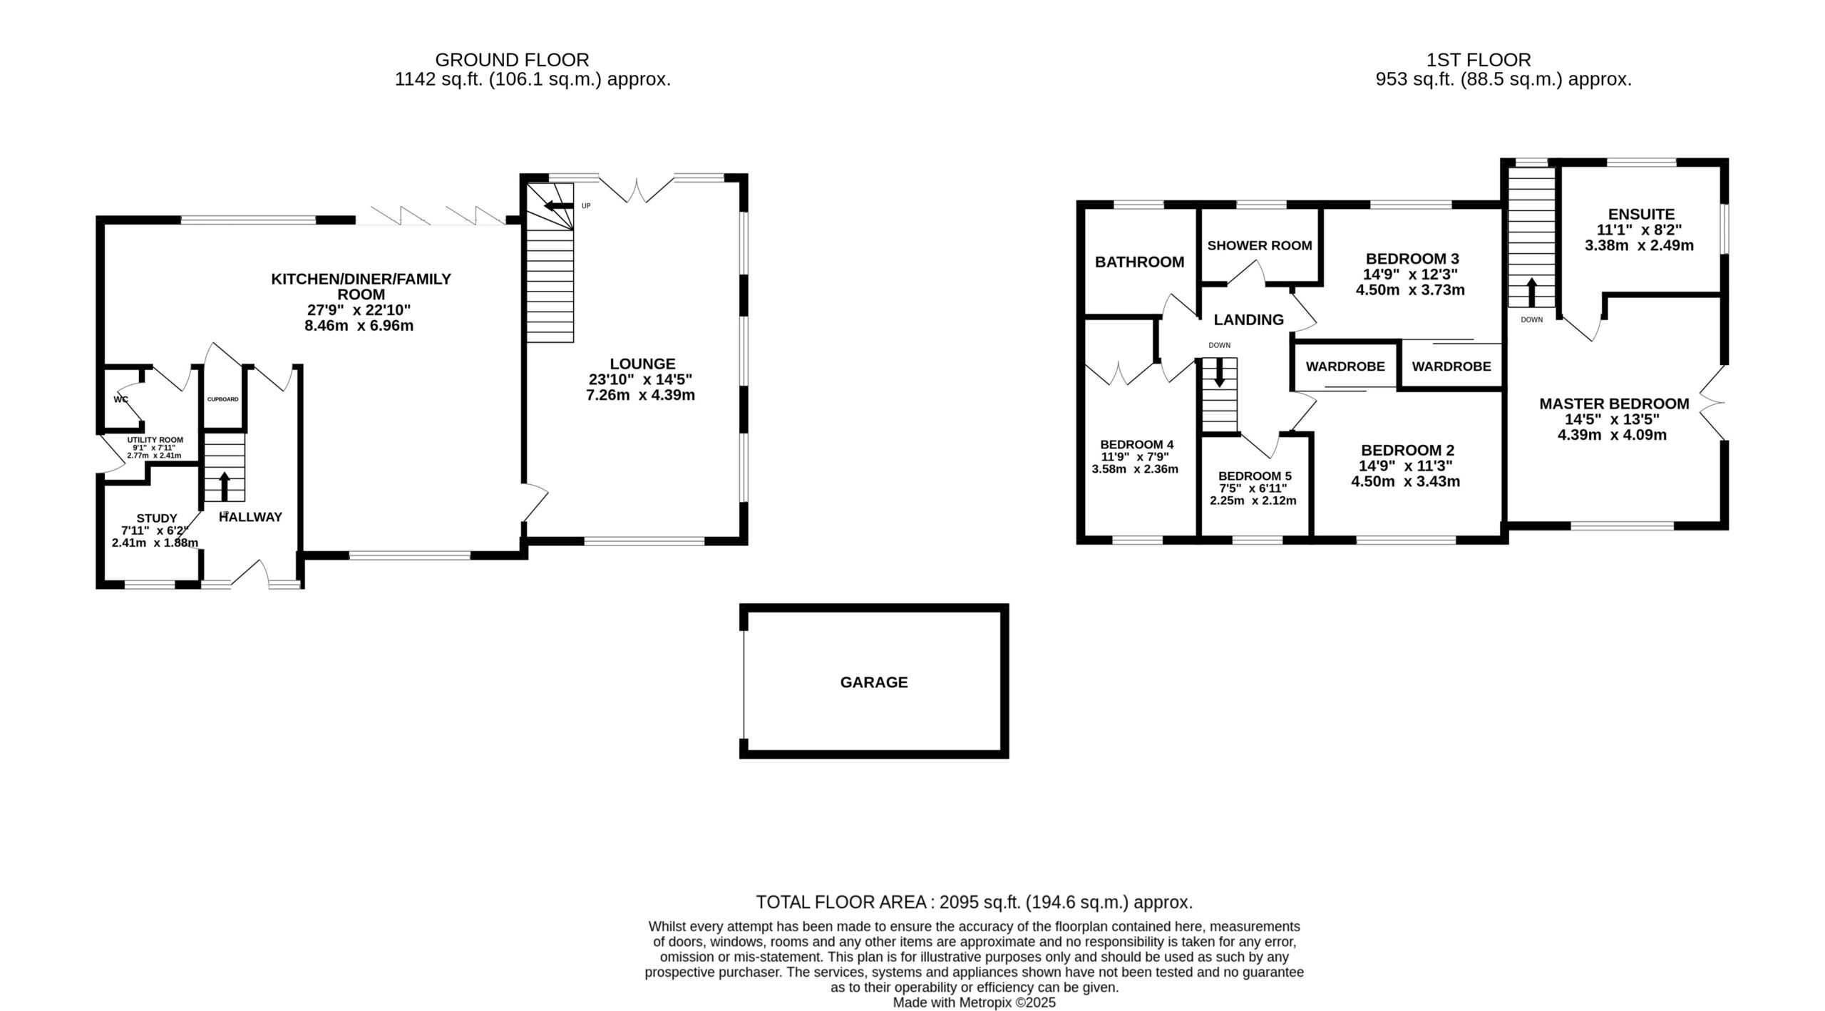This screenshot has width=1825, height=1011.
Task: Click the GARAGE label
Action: [874, 682]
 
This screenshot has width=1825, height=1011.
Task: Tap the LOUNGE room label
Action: [642, 364]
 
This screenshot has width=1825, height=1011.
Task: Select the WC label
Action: [120, 399]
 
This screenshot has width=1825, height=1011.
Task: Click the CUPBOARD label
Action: [222, 399]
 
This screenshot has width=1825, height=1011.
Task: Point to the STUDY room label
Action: [157, 518]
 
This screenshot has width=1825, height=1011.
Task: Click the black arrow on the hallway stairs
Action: [225, 486]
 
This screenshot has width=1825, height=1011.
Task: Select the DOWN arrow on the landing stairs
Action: [1219, 372]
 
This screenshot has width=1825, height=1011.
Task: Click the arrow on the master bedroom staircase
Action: [1531, 292]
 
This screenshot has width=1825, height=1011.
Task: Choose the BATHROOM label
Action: [1139, 262]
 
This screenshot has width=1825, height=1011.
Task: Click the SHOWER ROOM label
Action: [1260, 245]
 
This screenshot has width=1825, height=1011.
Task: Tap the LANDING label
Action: [1248, 319]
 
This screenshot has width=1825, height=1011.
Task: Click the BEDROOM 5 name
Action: [1255, 476]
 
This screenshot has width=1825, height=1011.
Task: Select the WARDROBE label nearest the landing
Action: [1345, 366]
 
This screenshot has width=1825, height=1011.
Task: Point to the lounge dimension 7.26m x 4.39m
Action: [640, 395]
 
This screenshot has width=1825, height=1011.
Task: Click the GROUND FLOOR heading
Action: [512, 60]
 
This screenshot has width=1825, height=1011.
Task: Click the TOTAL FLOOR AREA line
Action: [974, 903]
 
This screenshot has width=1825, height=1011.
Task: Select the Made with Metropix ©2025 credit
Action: [974, 1002]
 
